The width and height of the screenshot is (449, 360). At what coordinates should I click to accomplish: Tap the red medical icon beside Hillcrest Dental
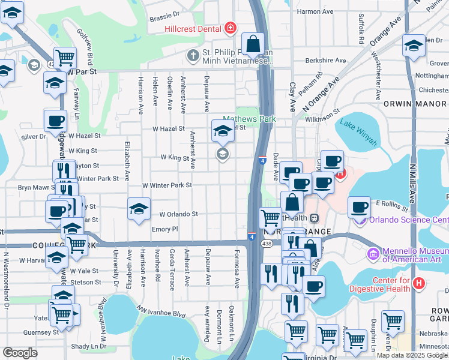point(229,28)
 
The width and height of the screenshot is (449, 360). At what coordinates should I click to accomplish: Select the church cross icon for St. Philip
point(193,56)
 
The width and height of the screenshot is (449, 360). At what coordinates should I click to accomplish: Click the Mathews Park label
point(249,119)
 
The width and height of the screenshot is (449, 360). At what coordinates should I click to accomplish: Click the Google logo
point(20,353)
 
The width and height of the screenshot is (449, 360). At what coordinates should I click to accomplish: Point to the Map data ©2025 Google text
point(412,355)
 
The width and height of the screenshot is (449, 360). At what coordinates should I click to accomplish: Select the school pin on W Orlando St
point(139,209)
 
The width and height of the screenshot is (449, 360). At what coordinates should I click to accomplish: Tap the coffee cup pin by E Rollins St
point(359,207)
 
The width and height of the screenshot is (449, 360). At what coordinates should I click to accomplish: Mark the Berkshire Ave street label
point(325,61)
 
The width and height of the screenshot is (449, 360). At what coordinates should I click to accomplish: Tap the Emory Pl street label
point(165,229)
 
